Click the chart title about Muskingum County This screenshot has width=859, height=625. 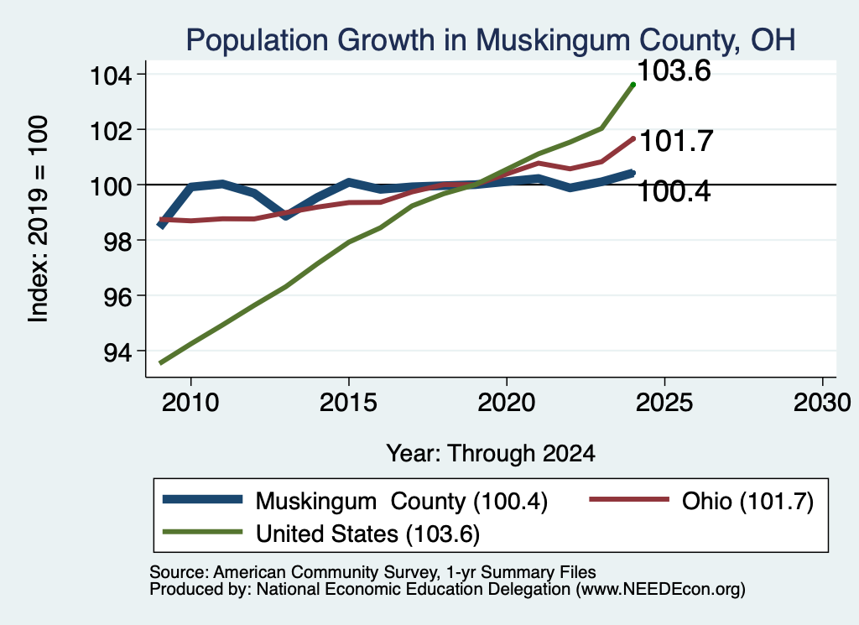[x=490, y=41]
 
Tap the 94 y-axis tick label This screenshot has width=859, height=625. [x=117, y=352]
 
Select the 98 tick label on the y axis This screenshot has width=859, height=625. [x=117, y=241]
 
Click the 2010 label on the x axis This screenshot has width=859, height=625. [x=190, y=404]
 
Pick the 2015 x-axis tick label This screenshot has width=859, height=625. [x=348, y=404]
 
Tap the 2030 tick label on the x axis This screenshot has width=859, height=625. [x=822, y=404]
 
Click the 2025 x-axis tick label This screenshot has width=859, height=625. [x=664, y=404]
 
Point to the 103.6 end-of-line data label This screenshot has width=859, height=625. [x=674, y=71]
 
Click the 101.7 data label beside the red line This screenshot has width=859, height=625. [x=676, y=141]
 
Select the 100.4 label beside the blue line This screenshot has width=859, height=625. [x=674, y=192]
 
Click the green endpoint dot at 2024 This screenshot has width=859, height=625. [x=633, y=85]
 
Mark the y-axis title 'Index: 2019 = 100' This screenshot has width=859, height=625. [x=39, y=219]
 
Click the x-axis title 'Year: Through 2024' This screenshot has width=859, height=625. [x=491, y=454]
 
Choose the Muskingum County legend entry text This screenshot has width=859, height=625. [x=402, y=501]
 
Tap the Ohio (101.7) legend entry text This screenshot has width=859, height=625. [x=747, y=501]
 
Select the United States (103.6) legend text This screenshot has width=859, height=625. [x=367, y=534]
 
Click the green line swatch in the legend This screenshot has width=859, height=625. [x=203, y=533]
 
